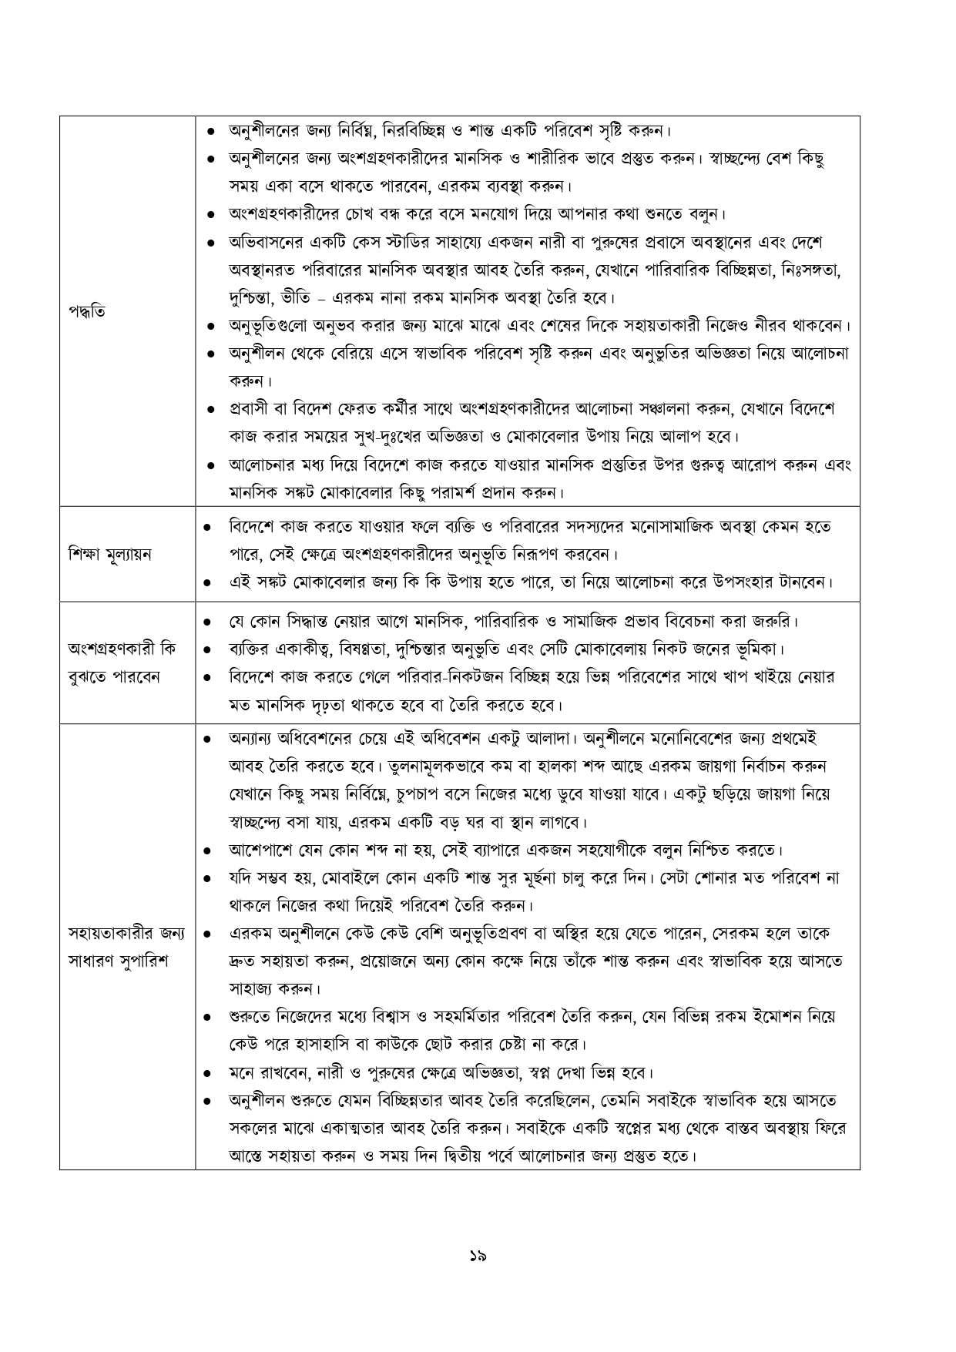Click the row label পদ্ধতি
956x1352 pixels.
[86, 312]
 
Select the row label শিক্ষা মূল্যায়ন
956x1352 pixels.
[109, 555]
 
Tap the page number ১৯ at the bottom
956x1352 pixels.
[478, 1256]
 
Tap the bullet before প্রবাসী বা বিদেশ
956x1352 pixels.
[211, 409]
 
